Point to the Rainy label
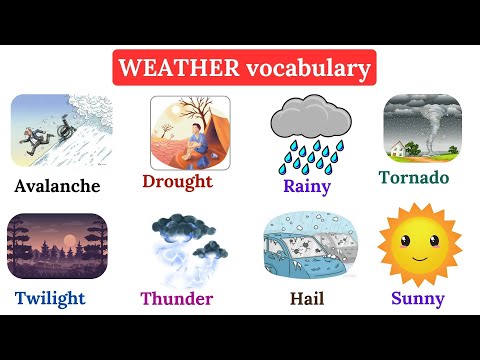[307, 185]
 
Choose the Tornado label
[414, 178]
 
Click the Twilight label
[50, 298]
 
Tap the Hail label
[306, 298]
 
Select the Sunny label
[418, 297]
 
